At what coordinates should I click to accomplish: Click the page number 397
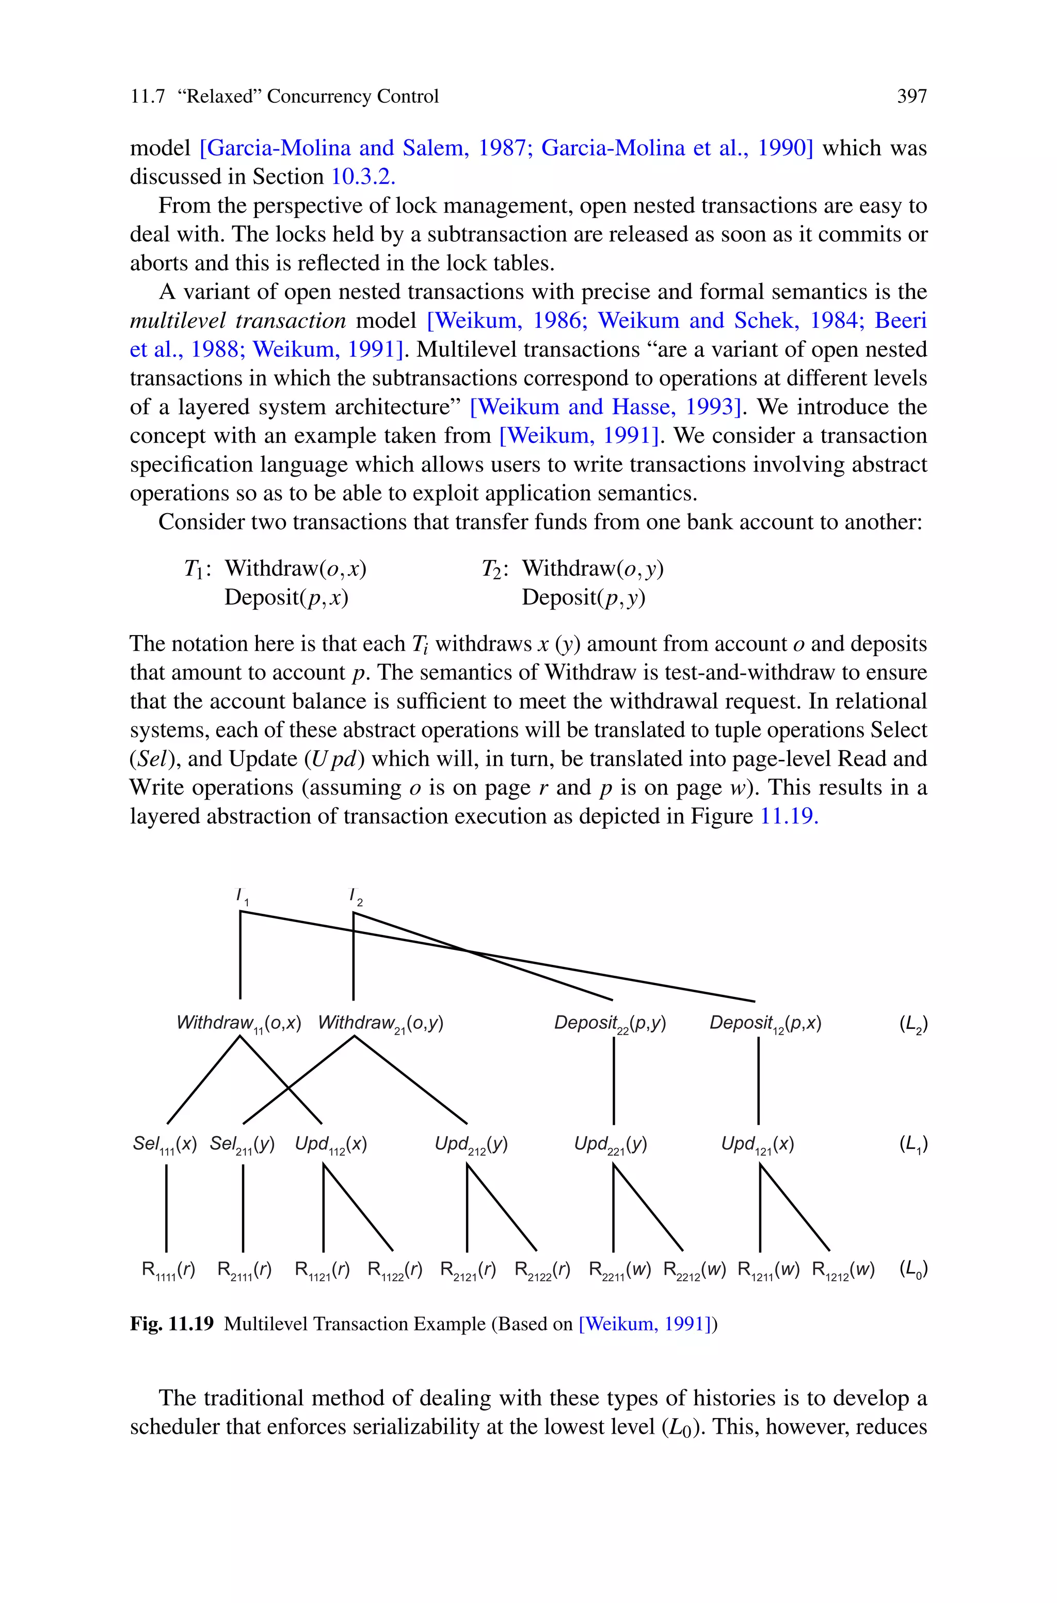911,97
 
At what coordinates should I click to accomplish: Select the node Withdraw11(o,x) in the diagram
238,1023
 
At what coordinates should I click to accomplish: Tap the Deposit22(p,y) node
610,1023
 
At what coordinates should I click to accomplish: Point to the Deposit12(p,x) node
765,1023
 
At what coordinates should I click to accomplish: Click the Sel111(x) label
165,1144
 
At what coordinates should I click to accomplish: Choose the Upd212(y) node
471,1144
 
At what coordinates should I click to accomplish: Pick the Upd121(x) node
757,1144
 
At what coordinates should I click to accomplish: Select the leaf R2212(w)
694,1270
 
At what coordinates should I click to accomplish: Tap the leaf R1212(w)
843,1270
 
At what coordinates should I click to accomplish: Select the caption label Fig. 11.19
171,1324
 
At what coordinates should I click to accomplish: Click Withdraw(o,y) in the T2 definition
592,569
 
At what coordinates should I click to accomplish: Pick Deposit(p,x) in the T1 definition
286,598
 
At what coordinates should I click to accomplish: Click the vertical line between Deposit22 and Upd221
614,1081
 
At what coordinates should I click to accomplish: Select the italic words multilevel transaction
237,321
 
